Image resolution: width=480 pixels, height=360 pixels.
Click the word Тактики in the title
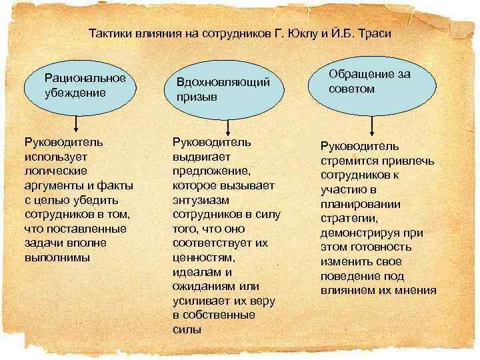click(x=108, y=33)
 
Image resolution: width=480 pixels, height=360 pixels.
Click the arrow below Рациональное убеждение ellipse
click(x=77, y=124)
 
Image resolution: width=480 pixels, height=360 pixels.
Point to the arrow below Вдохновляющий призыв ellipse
click(x=229, y=128)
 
